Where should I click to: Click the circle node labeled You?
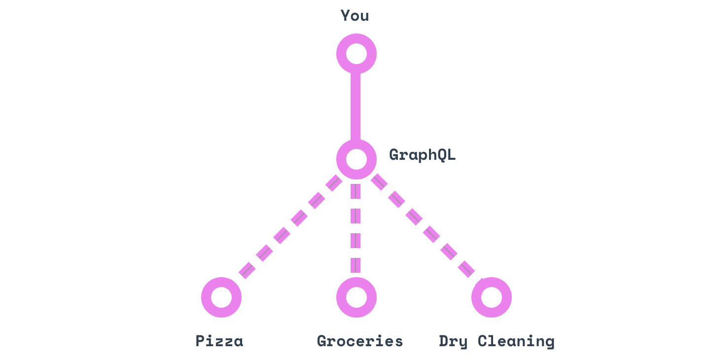tap(356, 53)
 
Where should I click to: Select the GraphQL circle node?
tap(356, 159)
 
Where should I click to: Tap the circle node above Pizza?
tap(221, 297)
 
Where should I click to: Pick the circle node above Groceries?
tap(356, 297)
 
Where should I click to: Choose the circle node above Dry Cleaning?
tap(491, 297)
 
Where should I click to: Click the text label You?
tap(355, 16)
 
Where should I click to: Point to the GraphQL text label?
tap(423, 155)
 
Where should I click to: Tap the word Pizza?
tap(219, 341)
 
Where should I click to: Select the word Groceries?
tap(360, 341)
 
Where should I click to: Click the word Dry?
tap(453, 341)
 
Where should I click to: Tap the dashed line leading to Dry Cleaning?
tap(423, 227)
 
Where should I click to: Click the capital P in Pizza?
tap(200, 341)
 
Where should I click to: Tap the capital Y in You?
tap(345, 16)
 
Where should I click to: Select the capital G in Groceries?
tap(321, 341)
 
